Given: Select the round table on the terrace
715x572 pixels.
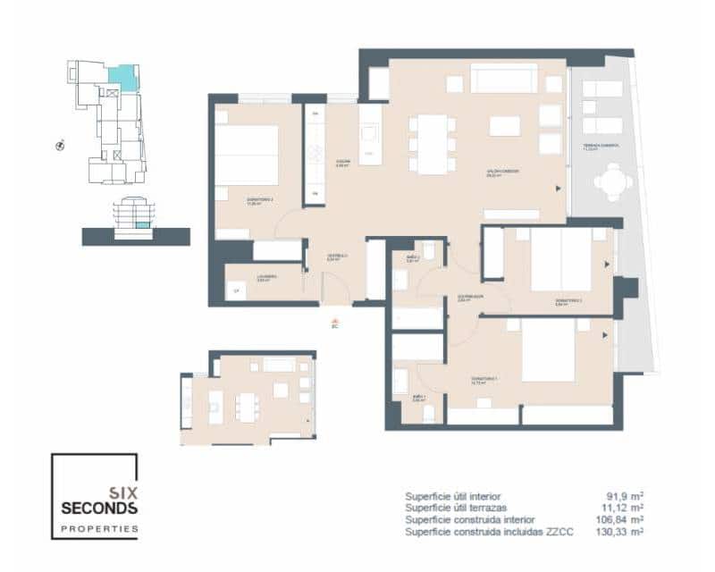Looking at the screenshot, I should (x=610, y=186).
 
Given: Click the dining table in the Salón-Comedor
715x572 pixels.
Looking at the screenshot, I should (x=432, y=143).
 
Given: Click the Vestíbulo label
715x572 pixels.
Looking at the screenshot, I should (x=337, y=258).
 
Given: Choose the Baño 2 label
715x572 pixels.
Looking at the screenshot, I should (x=413, y=259).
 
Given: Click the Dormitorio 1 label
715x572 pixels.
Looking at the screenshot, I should (x=485, y=380).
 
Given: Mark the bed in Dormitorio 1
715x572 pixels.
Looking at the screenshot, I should (x=548, y=350).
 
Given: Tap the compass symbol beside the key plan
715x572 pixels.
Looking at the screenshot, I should (x=59, y=144).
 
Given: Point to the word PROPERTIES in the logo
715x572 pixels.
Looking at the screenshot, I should (x=99, y=529).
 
